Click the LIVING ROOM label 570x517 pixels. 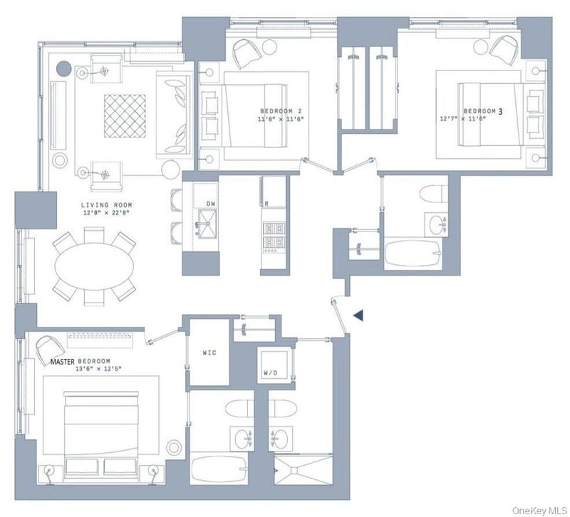[106, 205]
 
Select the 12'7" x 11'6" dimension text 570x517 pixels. [462, 119]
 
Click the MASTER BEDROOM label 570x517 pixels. [80, 361]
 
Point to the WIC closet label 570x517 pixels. [209, 352]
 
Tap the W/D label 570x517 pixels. [270, 372]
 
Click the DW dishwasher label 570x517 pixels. [211, 204]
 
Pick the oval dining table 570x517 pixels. [94, 266]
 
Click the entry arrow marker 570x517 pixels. [358, 315]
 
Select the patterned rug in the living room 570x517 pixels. [125, 116]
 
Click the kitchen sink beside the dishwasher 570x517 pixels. [207, 223]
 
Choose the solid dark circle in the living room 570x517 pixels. [63, 68]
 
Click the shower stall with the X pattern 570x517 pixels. [303, 470]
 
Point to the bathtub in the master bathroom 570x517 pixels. [219, 469]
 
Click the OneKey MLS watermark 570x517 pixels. [539, 511]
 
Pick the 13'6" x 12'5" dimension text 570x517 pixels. [98, 368]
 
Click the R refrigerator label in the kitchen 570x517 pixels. [266, 204]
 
